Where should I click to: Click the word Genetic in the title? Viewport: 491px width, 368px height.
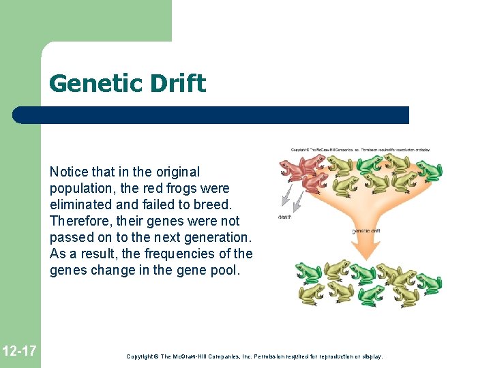tap(87, 84)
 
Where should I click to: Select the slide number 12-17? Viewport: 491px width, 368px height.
tap(19, 352)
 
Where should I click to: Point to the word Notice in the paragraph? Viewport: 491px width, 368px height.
tap(68, 172)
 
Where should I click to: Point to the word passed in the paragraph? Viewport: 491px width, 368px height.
tap(69, 237)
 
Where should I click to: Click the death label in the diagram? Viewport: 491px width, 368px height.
tap(284, 217)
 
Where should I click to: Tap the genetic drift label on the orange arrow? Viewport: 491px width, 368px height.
tap(366, 231)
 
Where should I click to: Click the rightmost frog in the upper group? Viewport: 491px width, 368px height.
tap(430, 170)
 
